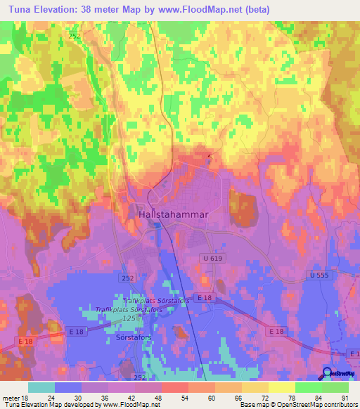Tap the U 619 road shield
(208, 259)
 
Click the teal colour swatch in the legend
(41, 387)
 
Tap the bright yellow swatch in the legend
(281, 387)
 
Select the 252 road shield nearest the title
(75, 34)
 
